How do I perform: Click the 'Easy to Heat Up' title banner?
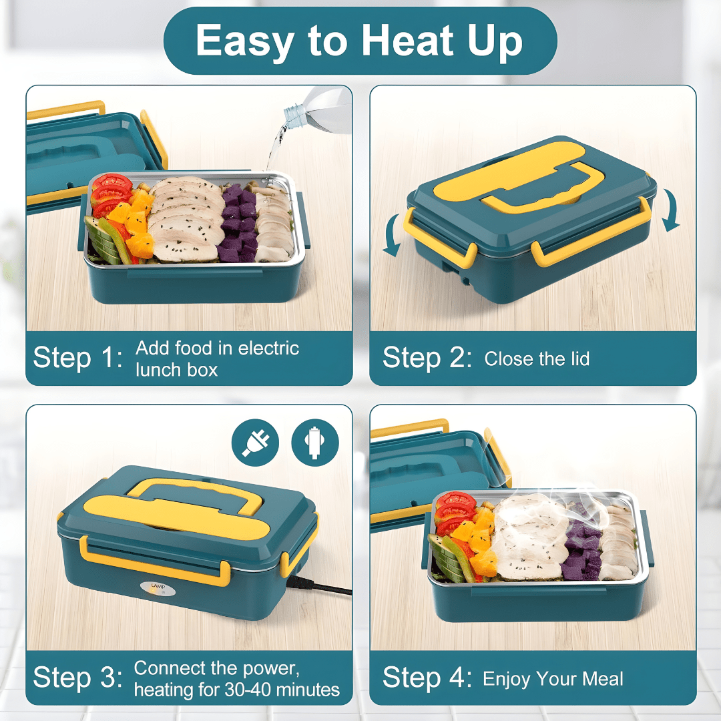pos(360,41)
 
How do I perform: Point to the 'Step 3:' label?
pos(78,678)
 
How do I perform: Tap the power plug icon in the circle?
pos(255,443)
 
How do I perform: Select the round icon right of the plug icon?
pos(315,443)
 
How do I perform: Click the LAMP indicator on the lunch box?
pos(158,587)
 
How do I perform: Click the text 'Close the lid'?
pos(537,358)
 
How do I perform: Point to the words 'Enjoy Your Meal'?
pos(553,679)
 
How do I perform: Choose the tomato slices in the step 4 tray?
pos(455,511)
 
